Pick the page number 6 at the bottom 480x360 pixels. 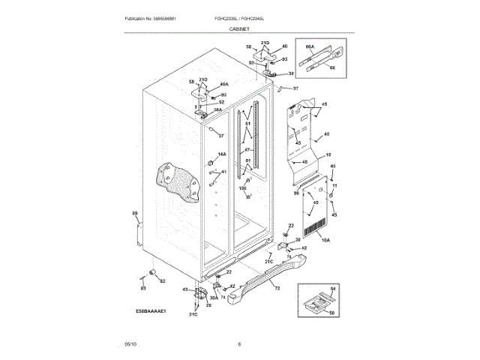click(239, 344)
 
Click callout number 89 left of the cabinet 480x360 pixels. click(135, 214)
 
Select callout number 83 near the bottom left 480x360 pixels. click(142, 288)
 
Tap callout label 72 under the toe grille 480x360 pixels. click(277, 288)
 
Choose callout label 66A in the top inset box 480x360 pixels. click(309, 46)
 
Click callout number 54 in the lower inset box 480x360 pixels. click(334, 289)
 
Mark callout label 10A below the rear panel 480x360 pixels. click(325, 240)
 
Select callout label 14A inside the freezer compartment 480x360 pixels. click(222, 154)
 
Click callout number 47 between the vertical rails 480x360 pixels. click(246, 151)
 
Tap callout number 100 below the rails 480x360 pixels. click(242, 188)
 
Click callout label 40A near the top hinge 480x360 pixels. click(223, 85)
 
